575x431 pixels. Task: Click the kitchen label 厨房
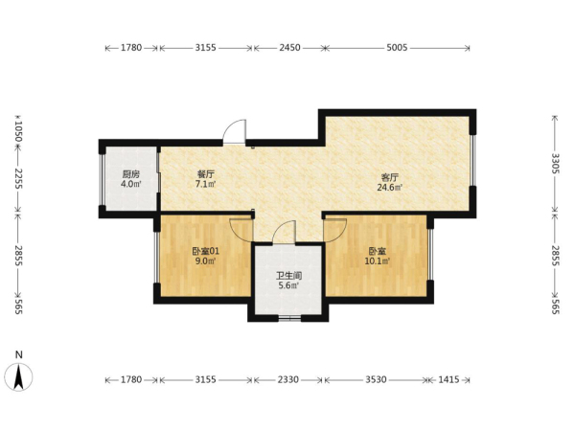coord(131,174)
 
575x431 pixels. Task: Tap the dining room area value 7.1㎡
coord(205,184)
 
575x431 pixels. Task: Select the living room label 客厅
coord(389,178)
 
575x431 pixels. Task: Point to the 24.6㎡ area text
coord(389,188)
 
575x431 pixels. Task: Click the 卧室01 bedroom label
coord(205,251)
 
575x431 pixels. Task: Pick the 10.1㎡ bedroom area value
coord(377,261)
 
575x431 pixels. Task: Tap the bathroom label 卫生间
coord(289,276)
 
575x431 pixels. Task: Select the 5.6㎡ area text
coord(289,285)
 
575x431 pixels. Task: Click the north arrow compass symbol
coord(19,376)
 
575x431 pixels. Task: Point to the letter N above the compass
coord(19,354)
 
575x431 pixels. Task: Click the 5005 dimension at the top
coord(397,48)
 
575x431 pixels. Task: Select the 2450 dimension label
coord(289,48)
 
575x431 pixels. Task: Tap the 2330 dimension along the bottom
coord(287,379)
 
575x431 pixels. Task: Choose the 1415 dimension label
coord(448,379)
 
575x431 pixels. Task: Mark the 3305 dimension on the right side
coord(555,164)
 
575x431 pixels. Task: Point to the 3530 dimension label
coord(376,379)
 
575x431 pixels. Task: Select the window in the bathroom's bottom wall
coord(289,318)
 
